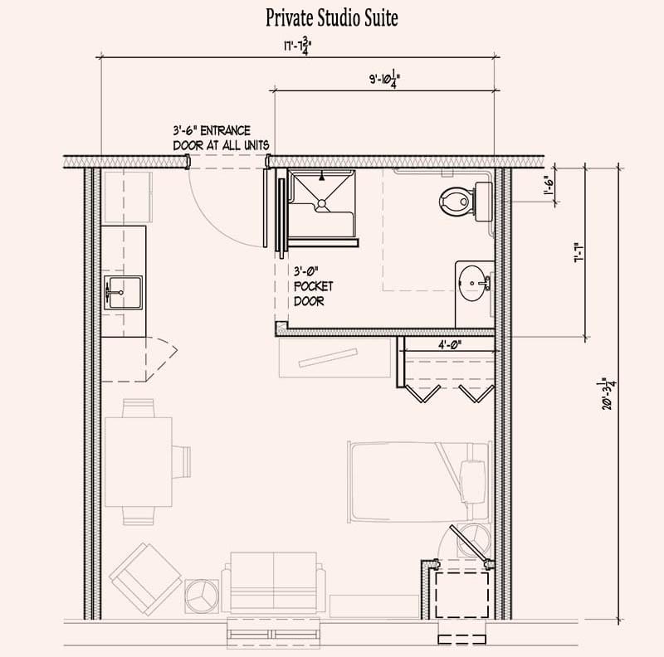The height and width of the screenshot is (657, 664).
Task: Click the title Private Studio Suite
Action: pyautogui.click(x=331, y=18)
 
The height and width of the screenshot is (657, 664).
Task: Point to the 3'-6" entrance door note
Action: pyautogui.click(x=221, y=138)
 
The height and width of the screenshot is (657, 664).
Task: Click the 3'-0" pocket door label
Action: pyautogui.click(x=314, y=286)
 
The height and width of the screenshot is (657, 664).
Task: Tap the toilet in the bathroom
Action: pyautogui.click(x=466, y=202)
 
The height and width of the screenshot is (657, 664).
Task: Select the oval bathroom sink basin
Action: pyautogui.click(x=472, y=283)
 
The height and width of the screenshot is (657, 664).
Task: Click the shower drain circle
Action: pyautogui.click(x=322, y=203)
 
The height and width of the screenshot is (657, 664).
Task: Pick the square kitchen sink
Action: pyautogui.click(x=122, y=293)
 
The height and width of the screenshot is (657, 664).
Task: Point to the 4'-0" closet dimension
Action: pyautogui.click(x=449, y=344)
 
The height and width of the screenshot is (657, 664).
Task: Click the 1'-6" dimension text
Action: pyautogui.click(x=549, y=186)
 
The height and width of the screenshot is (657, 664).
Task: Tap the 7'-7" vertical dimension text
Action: pyautogui.click(x=579, y=252)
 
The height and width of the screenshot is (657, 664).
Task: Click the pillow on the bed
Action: pyautogui.click(x=472, y=482)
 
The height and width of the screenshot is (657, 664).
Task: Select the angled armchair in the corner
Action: pyautogui.click(x=146, y=580)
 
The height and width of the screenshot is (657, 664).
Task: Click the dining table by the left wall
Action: pyautogui.click(x=139, y=462)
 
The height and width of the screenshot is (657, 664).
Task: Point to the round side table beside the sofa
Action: pyautogui.click(x=202, y=596)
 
